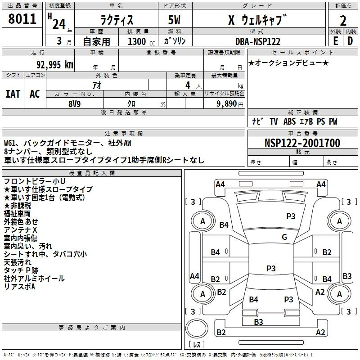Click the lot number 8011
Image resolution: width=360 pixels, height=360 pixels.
coord(22,19)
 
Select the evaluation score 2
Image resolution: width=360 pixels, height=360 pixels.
coord(343,21)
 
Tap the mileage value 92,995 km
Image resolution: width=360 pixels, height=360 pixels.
coord(54,65)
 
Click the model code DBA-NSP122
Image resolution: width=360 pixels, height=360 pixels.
coord(258,41)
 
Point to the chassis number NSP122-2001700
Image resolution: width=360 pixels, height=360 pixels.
coord(302,143)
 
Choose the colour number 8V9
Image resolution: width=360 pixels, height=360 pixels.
coord(75,104)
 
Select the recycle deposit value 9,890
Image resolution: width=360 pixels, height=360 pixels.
coord(226,104)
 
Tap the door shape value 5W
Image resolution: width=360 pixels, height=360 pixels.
coord(174,20)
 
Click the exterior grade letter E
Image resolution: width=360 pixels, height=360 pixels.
coord(336,41)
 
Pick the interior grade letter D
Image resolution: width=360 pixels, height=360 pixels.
coord(350,41)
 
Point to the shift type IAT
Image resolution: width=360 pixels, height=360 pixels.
coord(13,94)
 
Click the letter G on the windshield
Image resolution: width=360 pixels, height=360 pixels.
coord(284,237)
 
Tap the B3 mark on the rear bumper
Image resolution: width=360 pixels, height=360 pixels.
coord(258,322)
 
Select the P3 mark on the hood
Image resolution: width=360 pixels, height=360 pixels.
coord(291,216)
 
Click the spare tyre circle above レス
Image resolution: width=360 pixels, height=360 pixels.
coord(197,328)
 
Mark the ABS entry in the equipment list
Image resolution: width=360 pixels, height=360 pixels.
coord(289,121)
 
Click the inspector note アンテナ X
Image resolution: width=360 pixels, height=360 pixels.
coord(20,230)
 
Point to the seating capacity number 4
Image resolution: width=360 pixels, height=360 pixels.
coord(188,85)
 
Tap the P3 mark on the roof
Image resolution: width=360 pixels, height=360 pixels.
coord(271,268)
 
